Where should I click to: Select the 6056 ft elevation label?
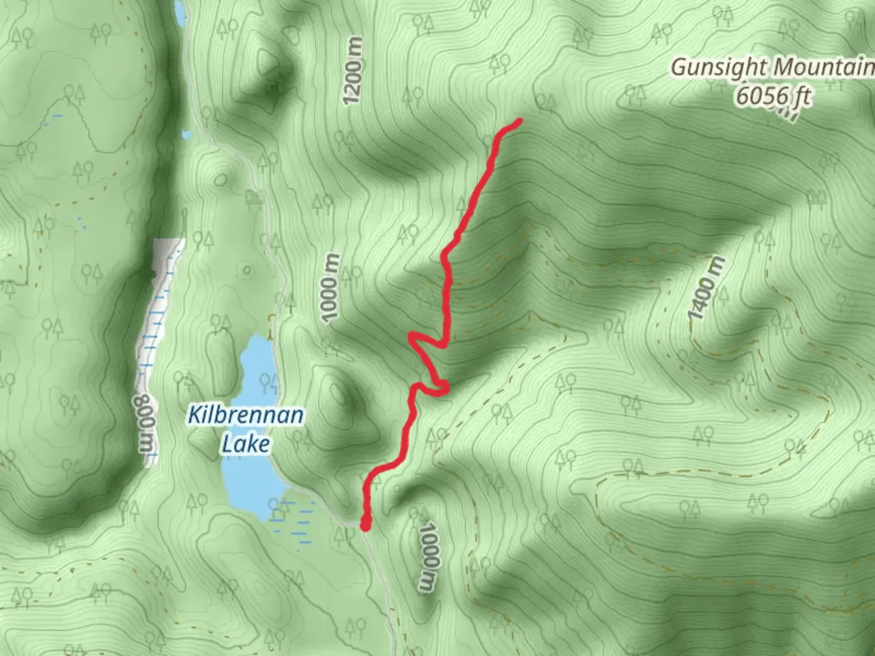click(x=773, y=96)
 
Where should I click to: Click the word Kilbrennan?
click(x=245, y=416)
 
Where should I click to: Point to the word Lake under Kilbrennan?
click(x=245, y=444)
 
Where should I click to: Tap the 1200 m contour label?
click(x=353, y=70)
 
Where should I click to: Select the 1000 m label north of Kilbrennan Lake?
click(x=329, y=289)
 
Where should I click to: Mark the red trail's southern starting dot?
click(x=366, y=524)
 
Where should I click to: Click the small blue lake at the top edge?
click(x=180, y=12)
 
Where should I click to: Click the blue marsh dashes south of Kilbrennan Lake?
click(x=292, y=522)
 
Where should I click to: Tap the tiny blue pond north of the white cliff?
click(x=187, y=135)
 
